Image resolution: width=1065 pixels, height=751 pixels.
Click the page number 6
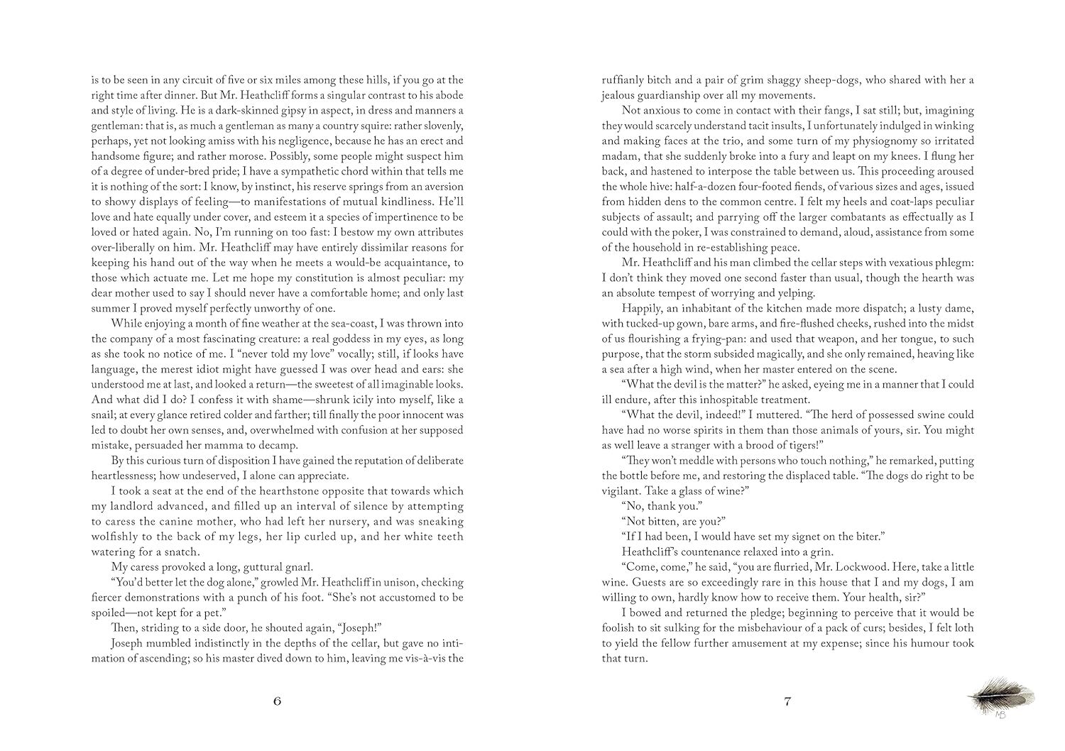[x=277, y=702]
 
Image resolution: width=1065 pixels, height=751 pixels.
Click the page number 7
[x=787, y=702]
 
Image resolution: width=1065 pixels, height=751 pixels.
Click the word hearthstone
[x=278, y=490]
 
